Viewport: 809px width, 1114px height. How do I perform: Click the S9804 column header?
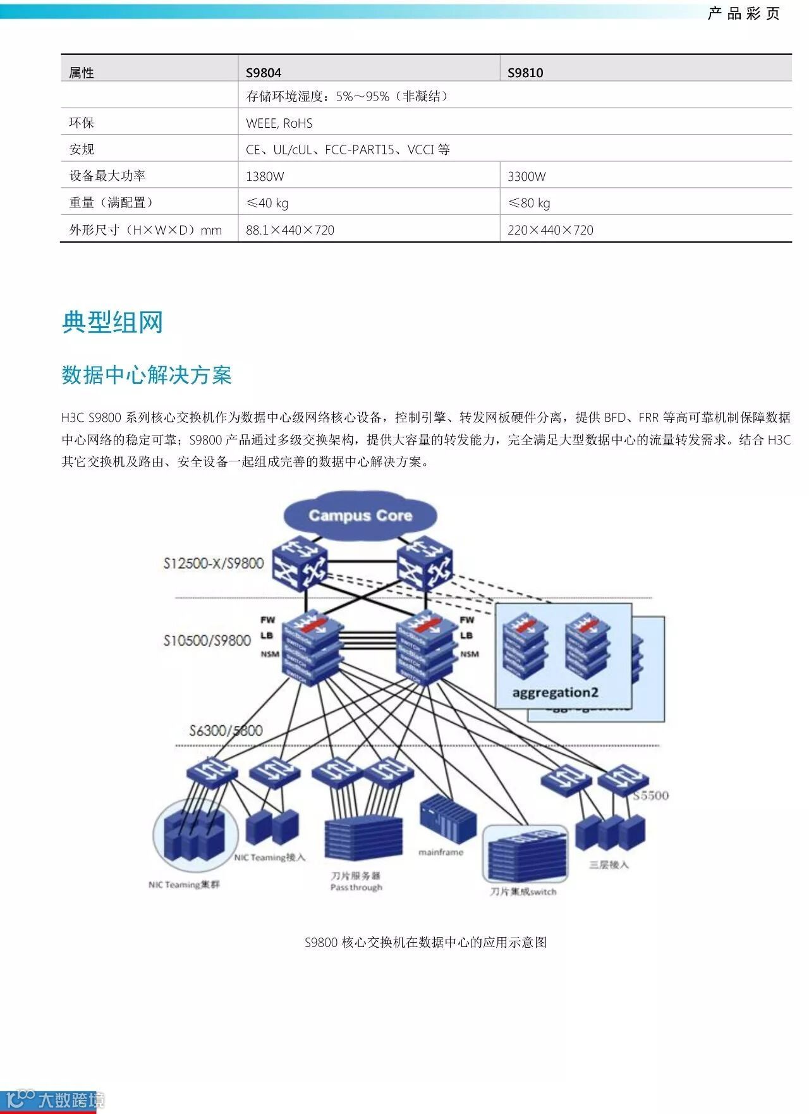pos(264,73)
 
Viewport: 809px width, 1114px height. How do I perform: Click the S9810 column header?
pos(525,73)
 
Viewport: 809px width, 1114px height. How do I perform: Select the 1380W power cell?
pos(265,176)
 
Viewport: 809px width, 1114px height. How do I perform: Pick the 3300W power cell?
pos(526,176)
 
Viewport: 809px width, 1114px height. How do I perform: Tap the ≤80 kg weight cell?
pos(529,203)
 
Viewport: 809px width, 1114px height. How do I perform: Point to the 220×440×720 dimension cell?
pos(550,230)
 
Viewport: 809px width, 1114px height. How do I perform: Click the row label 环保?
pos(82,123)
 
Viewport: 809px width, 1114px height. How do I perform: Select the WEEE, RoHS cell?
pos(279,123)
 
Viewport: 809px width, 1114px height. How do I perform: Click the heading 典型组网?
pos(113,322)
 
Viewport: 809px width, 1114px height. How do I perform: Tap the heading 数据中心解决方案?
pos(147,375)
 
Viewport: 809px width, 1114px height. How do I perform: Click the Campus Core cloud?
pos(360,516)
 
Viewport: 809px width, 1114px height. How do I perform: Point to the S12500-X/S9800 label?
pos(213,563)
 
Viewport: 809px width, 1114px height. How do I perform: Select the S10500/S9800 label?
pos(207,640)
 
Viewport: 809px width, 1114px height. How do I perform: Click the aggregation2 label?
pos(555,692)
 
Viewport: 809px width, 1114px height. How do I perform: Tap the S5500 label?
pos(651,795)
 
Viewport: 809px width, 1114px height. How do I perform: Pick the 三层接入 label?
pos(609,864)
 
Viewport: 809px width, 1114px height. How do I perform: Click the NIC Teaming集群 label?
pos(184,884)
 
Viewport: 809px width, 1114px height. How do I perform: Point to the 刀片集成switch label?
pos(523,891)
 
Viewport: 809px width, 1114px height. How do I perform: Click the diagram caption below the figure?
pos(425,942)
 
